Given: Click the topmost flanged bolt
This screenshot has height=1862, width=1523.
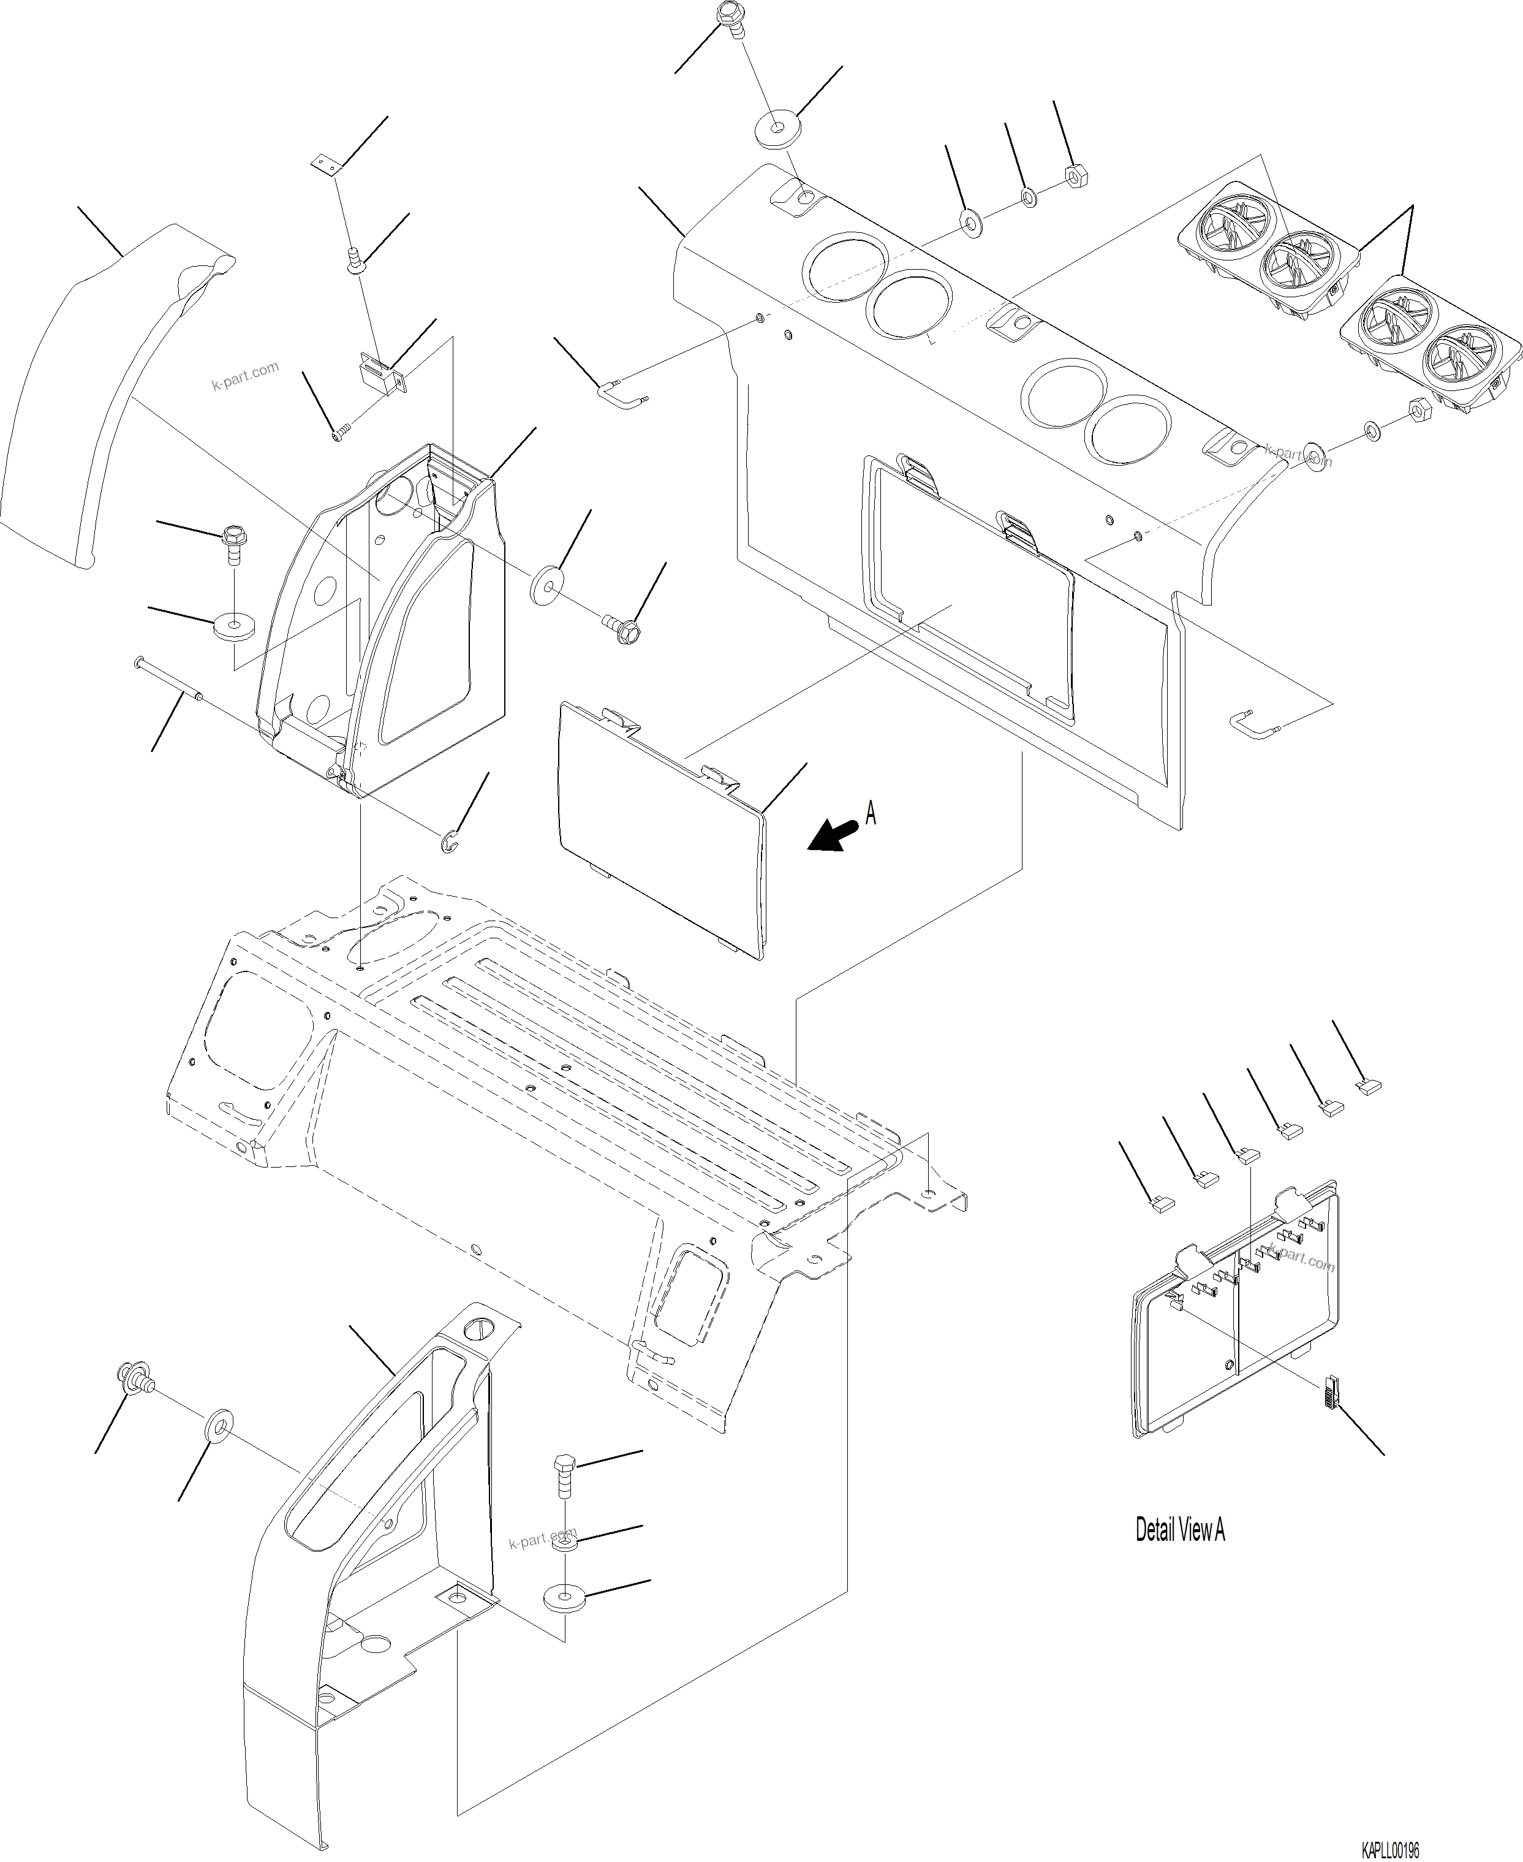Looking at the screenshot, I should pyautogui.click(x=729, y=18).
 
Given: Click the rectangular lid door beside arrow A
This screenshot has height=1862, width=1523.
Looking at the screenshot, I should pyautogui.click(x=662, y=829).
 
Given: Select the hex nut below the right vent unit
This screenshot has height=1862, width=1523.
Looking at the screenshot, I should pyautogui.click(x=1419, y=410).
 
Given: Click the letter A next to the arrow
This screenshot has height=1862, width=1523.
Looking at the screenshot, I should pyautogui.click(x=871, y=813).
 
